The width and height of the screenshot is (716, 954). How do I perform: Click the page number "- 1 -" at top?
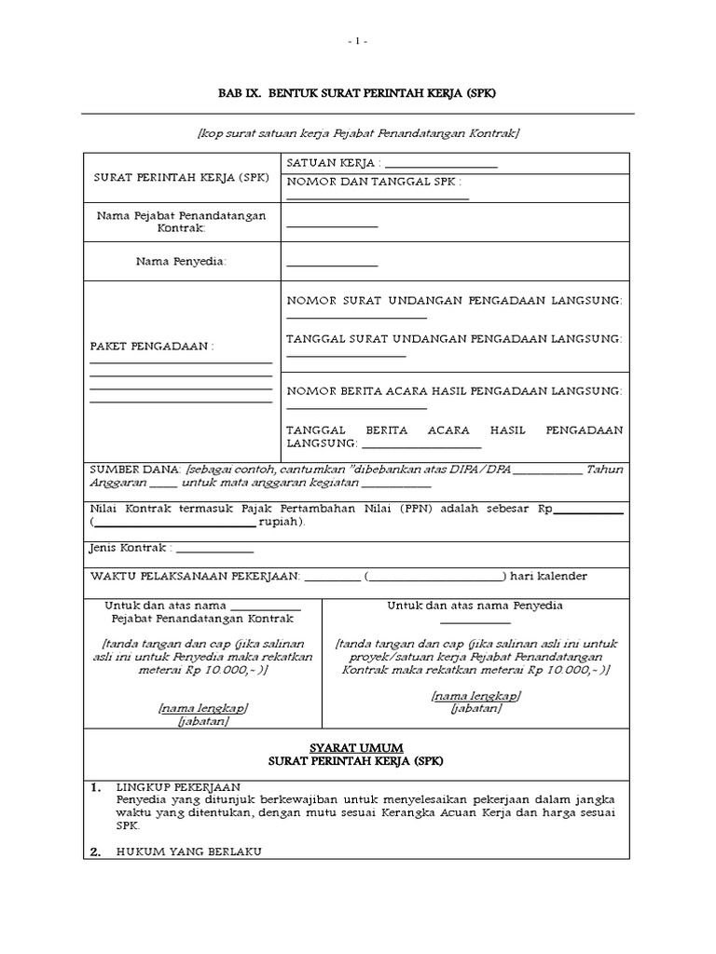[358, 41]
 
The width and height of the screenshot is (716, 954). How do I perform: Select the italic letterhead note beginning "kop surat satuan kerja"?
[358, 134]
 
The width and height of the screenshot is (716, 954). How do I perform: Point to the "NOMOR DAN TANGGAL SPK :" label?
[374, 182]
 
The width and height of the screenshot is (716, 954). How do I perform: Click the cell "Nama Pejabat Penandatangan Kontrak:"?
[181, 222]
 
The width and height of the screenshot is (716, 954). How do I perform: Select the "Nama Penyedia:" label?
[181, 262]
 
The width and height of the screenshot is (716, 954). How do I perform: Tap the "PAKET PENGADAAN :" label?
[151, 347]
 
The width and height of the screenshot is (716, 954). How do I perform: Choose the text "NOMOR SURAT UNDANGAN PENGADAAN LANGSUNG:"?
[454, 302]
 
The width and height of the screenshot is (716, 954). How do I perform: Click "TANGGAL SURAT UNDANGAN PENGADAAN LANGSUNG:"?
[454, 338]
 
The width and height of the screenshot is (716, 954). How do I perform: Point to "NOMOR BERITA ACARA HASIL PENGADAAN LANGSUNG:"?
[454, 390]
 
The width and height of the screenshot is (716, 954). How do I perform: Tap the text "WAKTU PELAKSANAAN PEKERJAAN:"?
[193, 577]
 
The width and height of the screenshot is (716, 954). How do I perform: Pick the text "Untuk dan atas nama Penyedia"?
[475, 606]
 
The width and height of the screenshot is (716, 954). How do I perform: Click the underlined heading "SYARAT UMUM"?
[358, 748]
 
